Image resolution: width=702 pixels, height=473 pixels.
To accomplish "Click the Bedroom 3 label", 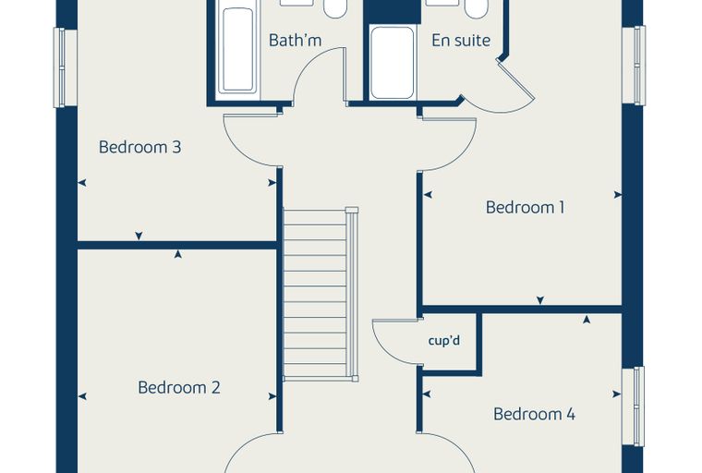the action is (139, 147).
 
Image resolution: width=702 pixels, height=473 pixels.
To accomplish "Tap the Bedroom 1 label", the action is (525, 207).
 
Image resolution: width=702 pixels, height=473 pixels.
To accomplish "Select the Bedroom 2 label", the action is (179, 387).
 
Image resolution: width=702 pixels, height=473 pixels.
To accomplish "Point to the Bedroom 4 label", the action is (534, 414).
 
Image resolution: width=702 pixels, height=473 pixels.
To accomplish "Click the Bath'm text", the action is (295, 41).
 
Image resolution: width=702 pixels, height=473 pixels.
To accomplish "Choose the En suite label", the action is (461, 41).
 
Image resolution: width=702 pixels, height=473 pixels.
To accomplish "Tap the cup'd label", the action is (443, 341).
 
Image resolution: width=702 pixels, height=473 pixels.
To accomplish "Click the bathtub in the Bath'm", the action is (237, 50).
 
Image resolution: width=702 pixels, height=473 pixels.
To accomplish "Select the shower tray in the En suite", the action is (393, 62).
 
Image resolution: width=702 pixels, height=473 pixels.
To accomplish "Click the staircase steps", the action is (316, 294).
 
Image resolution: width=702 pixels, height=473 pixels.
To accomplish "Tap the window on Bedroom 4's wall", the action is (634, 406).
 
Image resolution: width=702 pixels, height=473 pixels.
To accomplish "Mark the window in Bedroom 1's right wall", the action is (634, 66).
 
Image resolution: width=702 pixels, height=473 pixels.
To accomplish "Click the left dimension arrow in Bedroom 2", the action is (82, 396).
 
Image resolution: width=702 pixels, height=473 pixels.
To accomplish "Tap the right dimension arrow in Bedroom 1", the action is (618, 195).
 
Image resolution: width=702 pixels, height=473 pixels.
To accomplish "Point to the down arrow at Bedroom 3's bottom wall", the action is (139, 236).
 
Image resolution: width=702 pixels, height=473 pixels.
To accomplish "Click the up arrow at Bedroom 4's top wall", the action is (587, 320).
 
